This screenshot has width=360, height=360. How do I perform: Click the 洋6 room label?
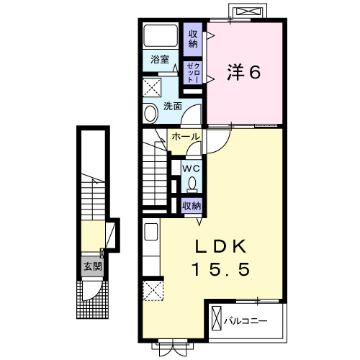click(x=243, y=72)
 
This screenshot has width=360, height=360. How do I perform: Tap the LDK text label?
click(x=221, y=246)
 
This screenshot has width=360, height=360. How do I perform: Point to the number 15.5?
click(x=221, y=269)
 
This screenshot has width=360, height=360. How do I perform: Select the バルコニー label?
click(x=246, y=321)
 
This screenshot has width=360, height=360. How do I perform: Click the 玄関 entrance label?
click(x=93, y=266)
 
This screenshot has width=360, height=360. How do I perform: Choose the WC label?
click(x=192, y=169)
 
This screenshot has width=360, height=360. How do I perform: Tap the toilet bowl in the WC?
click(x=192, y=184)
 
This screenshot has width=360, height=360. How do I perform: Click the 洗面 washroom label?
click(x=173, y=107)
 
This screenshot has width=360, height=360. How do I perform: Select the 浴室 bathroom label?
click(x=160, y=59)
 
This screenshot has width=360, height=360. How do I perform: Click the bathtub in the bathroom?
click(x=161, y=35)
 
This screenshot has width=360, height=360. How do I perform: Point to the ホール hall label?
click(x=186, y=137)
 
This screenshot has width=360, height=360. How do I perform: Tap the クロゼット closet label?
click(x=193, y=73)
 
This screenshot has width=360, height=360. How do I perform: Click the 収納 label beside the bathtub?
click(x=193, y=39)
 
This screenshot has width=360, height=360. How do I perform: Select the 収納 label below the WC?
click(x=192, y=206)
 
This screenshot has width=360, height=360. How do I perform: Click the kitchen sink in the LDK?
click(x=151, y=231)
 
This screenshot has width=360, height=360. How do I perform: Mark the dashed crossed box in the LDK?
click(x=153, y=291)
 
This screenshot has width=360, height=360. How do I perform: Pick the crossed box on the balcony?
click(x=216, y=318)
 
